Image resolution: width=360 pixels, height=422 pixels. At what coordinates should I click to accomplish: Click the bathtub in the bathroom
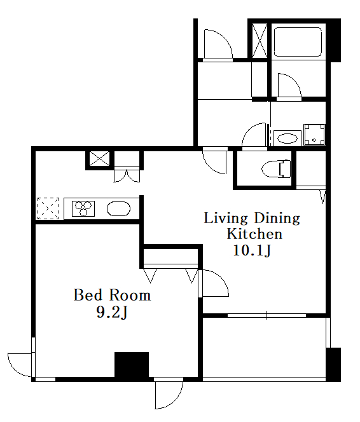click(x=298, y=42)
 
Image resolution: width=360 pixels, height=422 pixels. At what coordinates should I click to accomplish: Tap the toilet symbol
click(x=276, y=169)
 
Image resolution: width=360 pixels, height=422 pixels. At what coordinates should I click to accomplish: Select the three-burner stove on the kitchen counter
click(x=83, y=208)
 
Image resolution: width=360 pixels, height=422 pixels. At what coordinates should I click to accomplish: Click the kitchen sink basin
click(x=118, y=208)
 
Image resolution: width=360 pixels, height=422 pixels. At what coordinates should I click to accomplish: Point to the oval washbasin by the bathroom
click(x=287, y=139)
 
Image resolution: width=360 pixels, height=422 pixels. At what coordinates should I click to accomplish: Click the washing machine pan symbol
click(x=314, y=135)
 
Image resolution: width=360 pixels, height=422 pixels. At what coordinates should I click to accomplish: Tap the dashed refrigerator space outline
click(x=48, y=208)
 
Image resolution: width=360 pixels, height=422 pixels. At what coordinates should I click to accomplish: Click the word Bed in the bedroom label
click(x=88, y=295)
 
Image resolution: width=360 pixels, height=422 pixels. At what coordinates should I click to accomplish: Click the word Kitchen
click(x=254, y=234)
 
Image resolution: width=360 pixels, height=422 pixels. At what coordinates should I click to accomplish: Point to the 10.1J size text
click(x=252, y=250)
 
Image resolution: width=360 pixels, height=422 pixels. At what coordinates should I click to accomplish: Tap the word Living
click(x=226, y=219)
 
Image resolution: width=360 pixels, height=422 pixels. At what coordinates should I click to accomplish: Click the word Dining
click(x=277, y=219)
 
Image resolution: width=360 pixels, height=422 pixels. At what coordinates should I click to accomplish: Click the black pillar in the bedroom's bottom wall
click(x=132, y=365)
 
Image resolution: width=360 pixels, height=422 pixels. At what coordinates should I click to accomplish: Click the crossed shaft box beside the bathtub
click(x=260, y=41)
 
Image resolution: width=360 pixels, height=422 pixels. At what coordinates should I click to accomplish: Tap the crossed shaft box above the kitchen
click(x=100, y=158)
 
